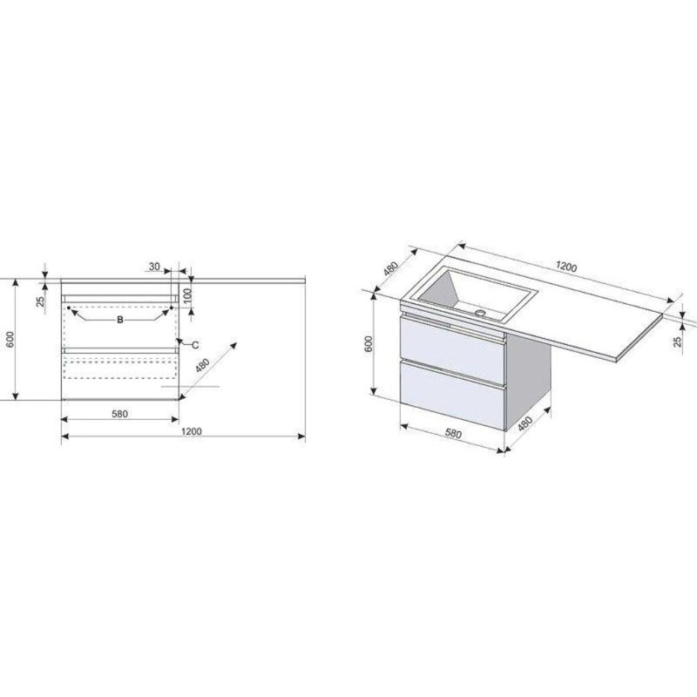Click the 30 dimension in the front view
pos(154,267)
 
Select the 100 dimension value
pos(187,295)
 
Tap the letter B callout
pos(119,320)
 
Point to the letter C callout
pos(195,345)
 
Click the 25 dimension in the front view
pos(40,301)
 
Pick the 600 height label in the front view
pos(11,340)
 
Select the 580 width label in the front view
pos(119,414)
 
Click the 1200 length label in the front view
pos(192,431)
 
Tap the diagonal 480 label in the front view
pos(202,365)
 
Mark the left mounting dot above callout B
pos(69,308)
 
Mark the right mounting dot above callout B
pos(171,308)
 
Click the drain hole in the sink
pos(480,313)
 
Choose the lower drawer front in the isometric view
pos(452,395)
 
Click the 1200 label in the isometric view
pos(566,267)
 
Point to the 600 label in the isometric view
pos(369,344)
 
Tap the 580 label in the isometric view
pos(453,433)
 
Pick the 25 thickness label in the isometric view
pos(678,341)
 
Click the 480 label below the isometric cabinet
pos(525,423)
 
